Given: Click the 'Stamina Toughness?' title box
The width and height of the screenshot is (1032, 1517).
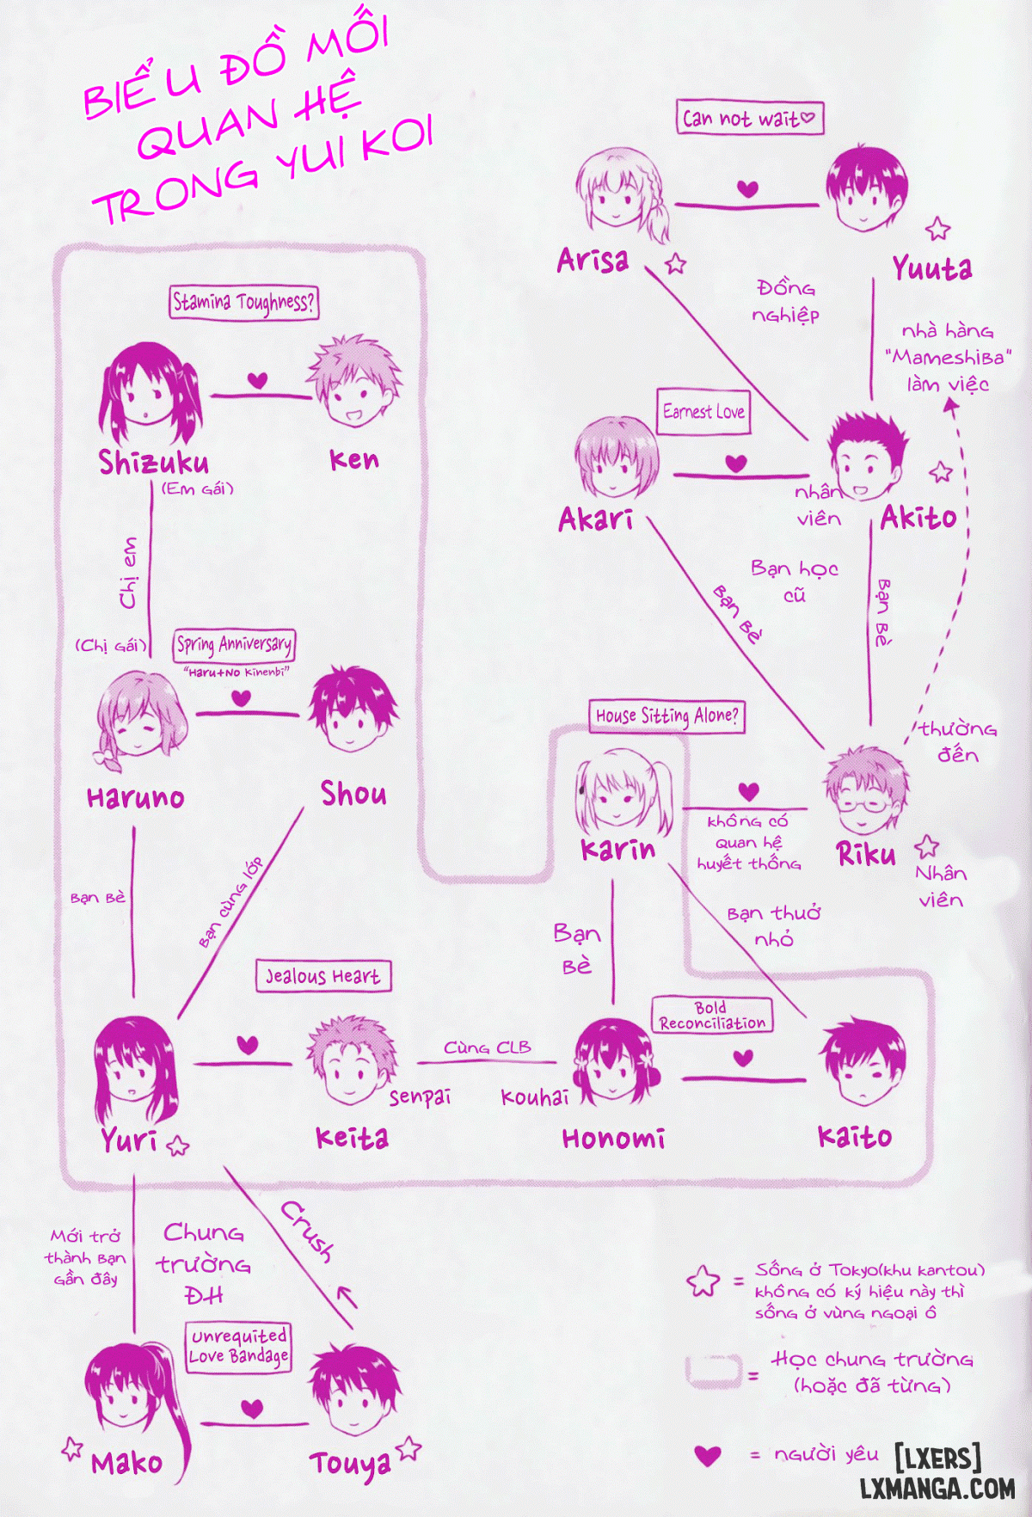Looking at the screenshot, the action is (243, 302).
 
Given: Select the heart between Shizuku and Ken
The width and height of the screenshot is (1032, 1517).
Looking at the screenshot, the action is (257, 380).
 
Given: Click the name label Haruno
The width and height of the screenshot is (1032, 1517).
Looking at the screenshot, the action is (136, 797).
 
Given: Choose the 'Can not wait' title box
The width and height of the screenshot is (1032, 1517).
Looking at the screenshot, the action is (750, 118).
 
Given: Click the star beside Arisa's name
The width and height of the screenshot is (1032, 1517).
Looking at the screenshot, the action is (676, 263).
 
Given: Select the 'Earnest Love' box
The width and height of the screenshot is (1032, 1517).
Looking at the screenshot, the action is (704, 412).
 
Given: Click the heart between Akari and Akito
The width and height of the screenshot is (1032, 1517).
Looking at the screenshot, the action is (736, 464).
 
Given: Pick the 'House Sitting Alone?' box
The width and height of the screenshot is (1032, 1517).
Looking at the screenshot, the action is (666, 716).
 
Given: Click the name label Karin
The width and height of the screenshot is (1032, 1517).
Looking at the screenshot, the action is (617, 850).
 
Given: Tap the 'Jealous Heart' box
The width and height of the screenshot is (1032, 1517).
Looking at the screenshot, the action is (323, 976).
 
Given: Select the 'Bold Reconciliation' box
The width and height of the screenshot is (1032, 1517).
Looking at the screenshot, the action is (712, 1015).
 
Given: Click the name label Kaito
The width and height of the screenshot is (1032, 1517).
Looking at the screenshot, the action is (855, 1137).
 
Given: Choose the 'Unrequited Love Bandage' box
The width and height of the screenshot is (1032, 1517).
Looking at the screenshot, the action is (238, 1347).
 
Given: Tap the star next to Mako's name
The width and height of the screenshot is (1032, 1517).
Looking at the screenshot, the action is (72, 1448).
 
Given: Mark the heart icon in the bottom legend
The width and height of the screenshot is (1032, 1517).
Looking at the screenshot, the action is (708, 1455).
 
